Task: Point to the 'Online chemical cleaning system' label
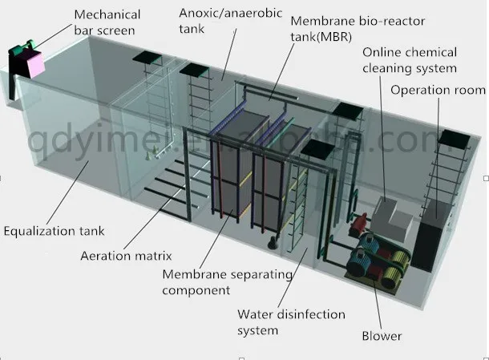[409, 60]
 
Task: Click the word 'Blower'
[381, 336]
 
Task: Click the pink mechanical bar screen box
[33, 60]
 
